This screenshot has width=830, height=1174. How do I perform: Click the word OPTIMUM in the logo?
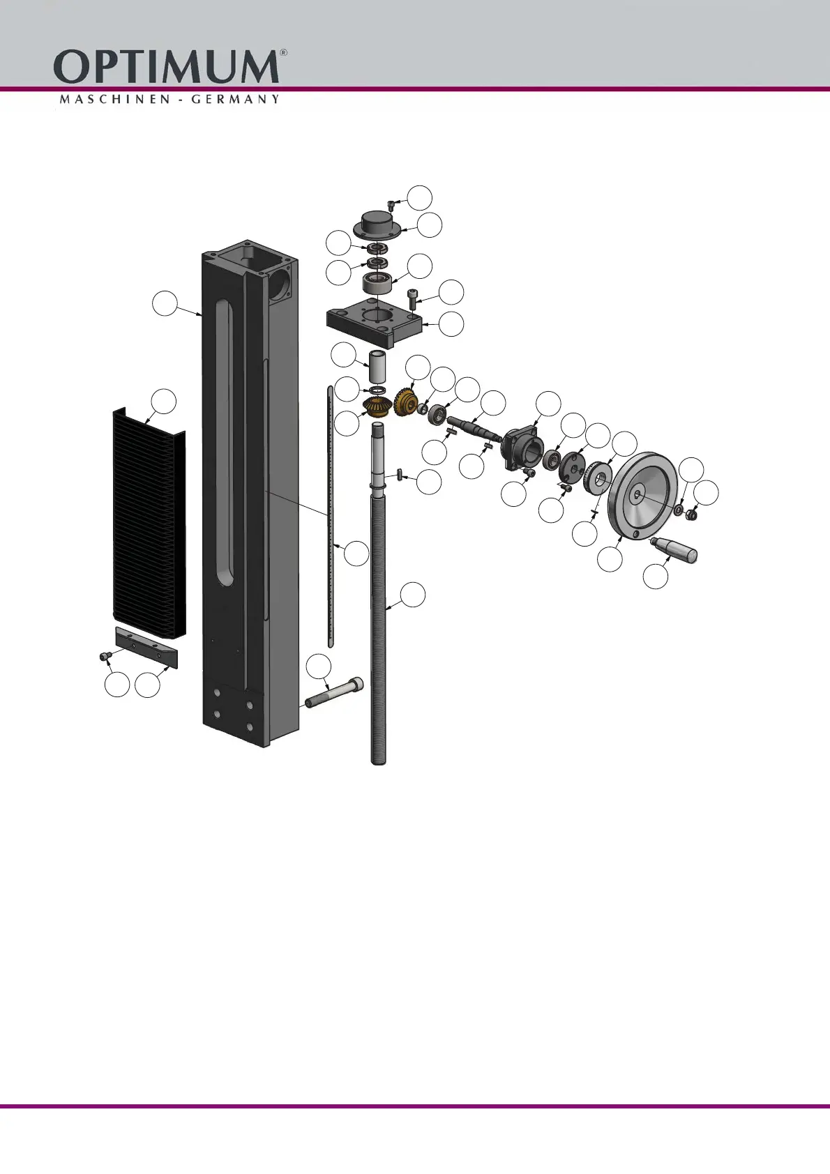(x=166, y=66)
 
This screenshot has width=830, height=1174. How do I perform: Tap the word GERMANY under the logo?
(x=235, y=100)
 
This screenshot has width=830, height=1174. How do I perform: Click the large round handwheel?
(x=642, y=496)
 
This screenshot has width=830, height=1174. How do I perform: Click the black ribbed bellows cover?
(x=149, y=522)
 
